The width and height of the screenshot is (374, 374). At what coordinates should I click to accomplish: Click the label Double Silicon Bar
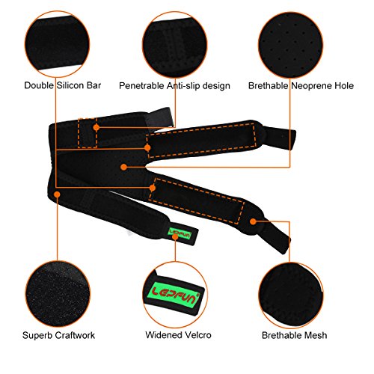tap(63, 85)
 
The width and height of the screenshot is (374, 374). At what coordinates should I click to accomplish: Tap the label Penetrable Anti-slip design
tap(174, 86)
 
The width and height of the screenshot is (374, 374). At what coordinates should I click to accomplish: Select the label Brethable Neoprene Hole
tap(301, 86)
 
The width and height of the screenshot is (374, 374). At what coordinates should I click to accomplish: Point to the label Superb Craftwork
tap(58, 335)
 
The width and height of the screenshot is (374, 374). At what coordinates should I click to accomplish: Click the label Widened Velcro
tap(178, 335)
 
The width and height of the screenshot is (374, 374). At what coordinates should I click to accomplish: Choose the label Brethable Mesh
tap(295, 335)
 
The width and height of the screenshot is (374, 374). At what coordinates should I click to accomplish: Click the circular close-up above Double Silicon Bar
tap(57, 44)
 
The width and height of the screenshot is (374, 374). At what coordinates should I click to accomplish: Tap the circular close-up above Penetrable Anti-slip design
tap(175, 44)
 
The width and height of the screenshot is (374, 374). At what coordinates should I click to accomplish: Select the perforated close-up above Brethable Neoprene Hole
tap(291, 45)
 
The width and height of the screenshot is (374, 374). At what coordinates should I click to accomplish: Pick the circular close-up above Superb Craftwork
tap(58, 294)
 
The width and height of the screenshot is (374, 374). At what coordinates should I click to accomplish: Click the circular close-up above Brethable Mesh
tap(291, 295)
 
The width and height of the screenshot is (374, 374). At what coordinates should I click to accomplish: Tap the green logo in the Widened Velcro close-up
tap(176, 295)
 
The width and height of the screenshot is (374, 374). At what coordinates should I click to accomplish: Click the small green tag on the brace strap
tap(180, 233)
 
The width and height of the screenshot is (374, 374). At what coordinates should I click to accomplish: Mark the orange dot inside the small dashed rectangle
tap(96, 128)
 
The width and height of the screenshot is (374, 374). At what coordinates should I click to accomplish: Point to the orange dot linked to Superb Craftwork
tap(58, 194)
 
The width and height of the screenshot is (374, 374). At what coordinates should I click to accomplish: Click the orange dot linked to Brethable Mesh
tap(253, 221)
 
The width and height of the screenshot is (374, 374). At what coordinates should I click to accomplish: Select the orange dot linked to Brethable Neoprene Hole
tap(123, 167)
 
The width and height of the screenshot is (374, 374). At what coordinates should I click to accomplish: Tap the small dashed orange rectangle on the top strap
tap(88, 133)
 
